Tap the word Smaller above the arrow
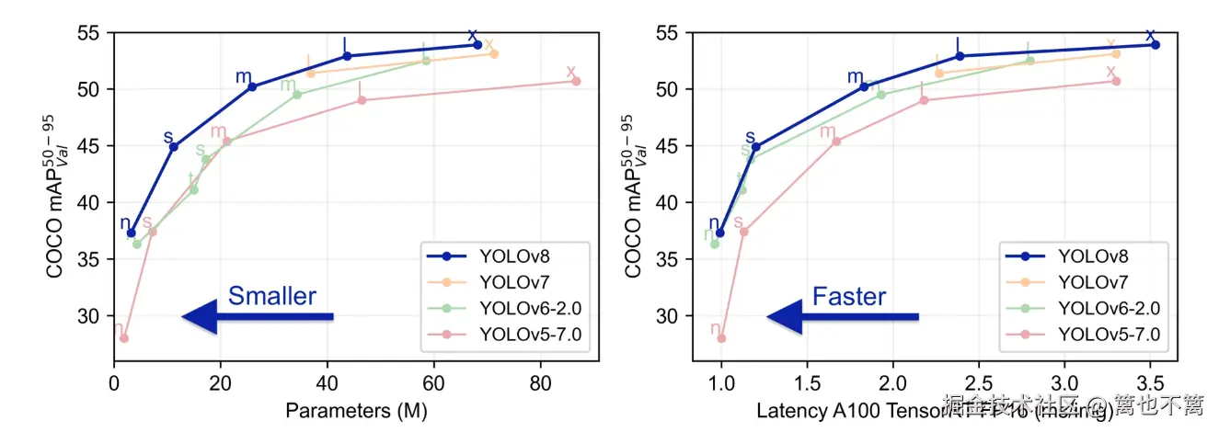click(271, 296)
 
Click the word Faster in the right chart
click(848, 296)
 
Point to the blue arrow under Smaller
click(258, 317)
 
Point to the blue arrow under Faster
click(842, 317)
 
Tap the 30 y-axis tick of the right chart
click(665, 316)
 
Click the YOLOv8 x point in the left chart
click(477, 45)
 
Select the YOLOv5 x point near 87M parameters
click(576, 81)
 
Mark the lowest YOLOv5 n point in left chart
click(124, 338)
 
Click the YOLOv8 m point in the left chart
click(253, 86)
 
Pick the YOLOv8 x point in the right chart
click(1156, 45)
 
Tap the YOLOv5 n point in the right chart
click(721, 338)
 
